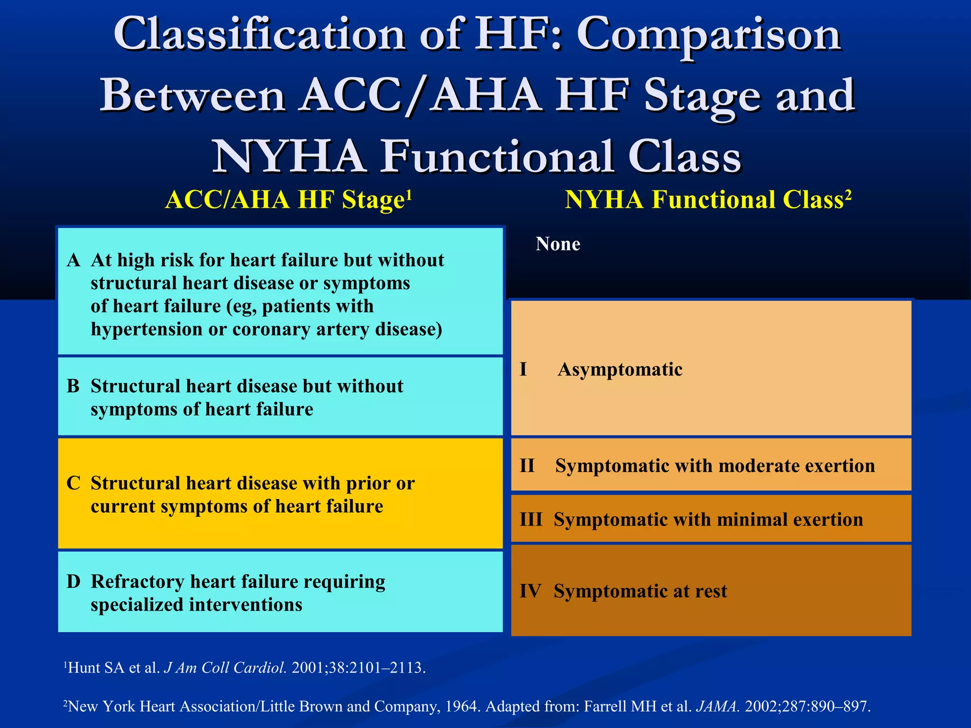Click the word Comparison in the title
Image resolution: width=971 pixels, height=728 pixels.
coord(708,36)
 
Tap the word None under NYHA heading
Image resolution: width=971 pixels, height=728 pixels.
coord(558,244)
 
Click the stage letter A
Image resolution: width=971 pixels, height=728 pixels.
coord(73,260)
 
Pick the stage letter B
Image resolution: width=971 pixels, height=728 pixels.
coord(73,386)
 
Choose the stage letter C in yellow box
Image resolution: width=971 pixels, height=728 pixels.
coord(73,483)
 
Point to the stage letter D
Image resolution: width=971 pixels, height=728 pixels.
coord(73,582)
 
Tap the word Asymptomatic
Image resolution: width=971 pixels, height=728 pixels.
coord(620,370)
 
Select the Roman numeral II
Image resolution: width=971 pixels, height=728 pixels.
coord(527,466)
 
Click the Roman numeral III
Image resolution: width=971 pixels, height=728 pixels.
coord(531,520)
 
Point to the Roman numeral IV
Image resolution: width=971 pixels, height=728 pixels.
coord(530,591)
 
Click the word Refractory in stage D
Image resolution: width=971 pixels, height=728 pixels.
coord(137,582)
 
